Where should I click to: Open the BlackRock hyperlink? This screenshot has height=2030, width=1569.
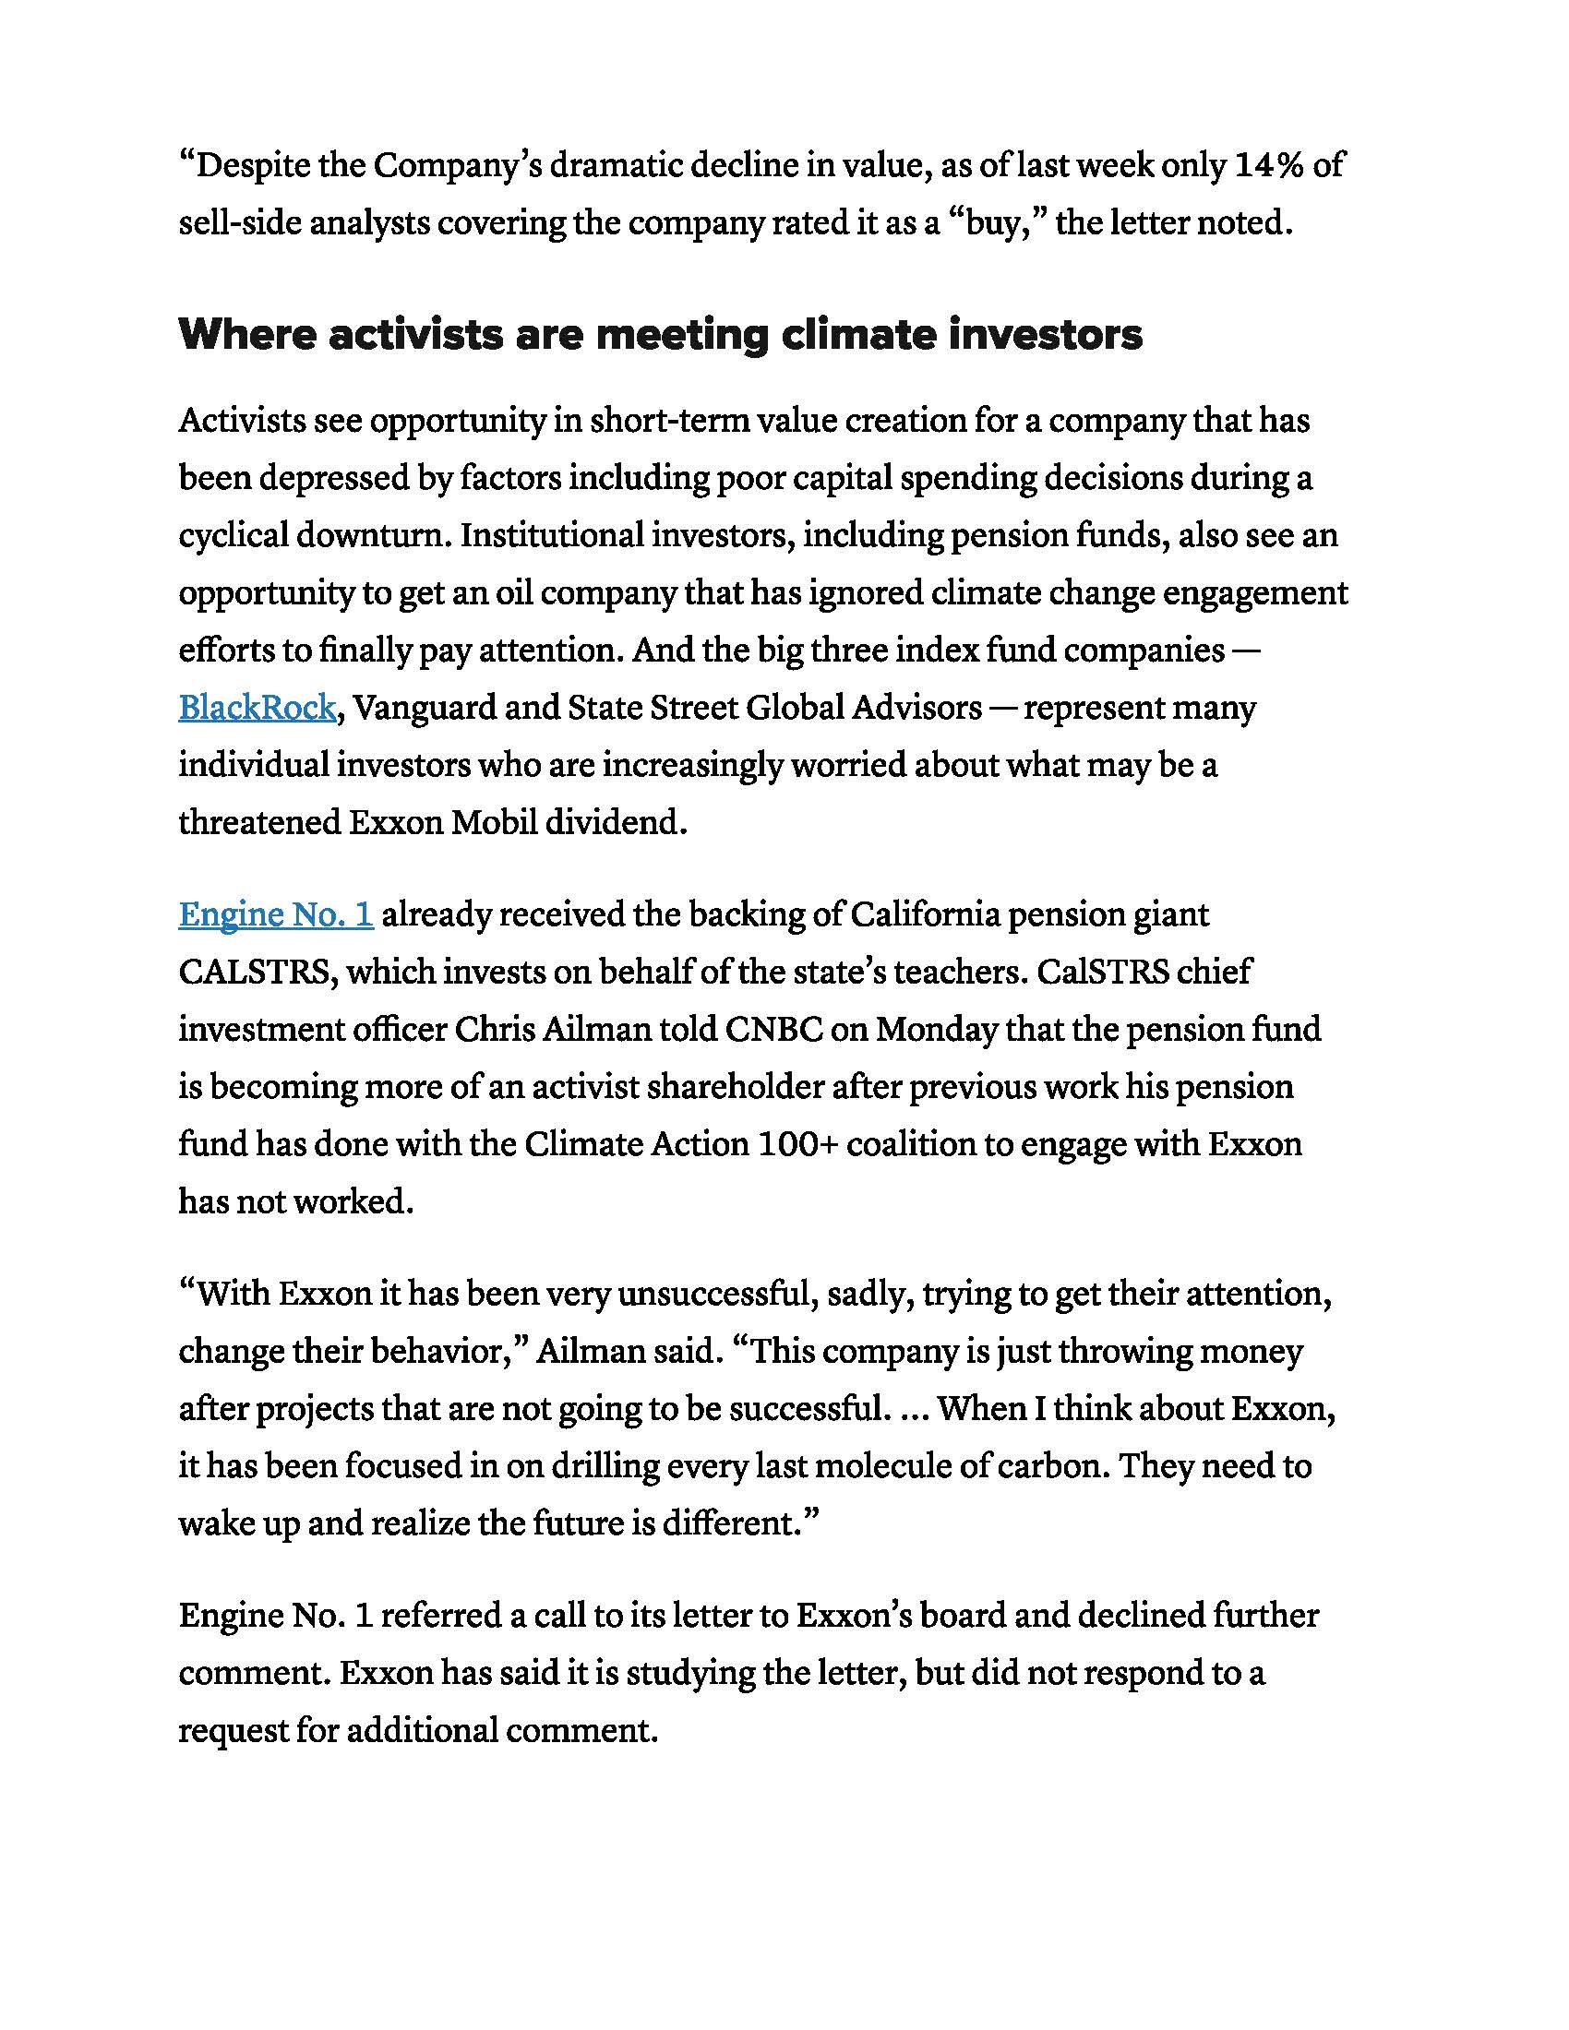257,709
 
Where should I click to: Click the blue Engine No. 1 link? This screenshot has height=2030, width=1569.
276,915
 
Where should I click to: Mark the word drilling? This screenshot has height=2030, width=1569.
605,1467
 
